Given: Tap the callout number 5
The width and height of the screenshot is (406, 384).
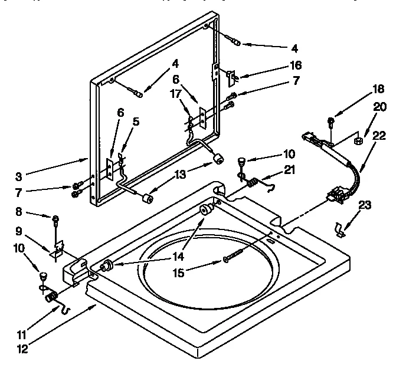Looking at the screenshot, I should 136,123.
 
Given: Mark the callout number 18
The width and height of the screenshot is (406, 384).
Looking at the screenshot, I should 362,90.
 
